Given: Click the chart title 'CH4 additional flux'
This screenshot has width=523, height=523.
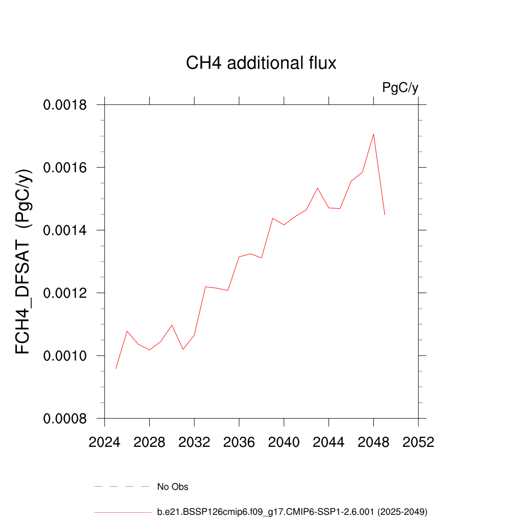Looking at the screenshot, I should pyautogui.click(x=261, y=63).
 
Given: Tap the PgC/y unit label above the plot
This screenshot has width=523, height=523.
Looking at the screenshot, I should pyautogui.click(x=400, y=88).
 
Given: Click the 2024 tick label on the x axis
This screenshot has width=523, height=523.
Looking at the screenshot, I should pyautogui.click(x=105, y=442).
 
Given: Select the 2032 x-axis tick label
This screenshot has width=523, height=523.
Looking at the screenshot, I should pyautogui.click(x=194, y=442).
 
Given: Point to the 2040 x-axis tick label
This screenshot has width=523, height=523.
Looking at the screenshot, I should pyautogui.click(x=284, y=442).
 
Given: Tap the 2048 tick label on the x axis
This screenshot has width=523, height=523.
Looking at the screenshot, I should pyautogui.click(x=373, y=442).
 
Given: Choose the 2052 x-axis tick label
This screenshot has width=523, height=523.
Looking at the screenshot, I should pyautogui.click(x=418, y=442).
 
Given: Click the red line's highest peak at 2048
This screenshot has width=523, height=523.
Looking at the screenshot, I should pyautogui.click(x=373, y=134).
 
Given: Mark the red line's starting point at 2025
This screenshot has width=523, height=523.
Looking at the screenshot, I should pyautogui.click(x=116, y=368).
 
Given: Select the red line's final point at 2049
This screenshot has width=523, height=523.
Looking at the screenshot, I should pyautogui.click(x=385, y=215).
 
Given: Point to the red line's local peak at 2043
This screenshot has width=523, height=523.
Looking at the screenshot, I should pyautogui.click(x=318, y=188).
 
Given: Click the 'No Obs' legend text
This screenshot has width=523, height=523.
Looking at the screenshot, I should pyautogui.click(x=173, y=487).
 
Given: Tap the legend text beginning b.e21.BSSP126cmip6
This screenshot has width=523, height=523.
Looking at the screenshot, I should pyautogui.click(x=292, y=511).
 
